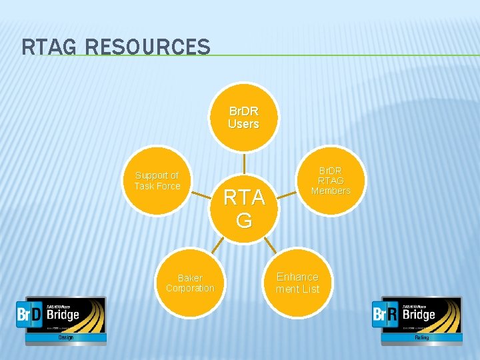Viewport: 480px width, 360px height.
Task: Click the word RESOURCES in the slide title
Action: pos(147,47)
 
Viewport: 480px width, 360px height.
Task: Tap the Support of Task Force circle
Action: pos(157,181)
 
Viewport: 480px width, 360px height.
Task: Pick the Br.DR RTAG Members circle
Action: pos(331,180)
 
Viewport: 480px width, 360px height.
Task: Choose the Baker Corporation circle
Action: pos(190,283)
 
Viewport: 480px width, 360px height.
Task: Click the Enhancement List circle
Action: pos(297,283)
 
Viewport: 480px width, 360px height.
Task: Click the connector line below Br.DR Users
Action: pos(244,164)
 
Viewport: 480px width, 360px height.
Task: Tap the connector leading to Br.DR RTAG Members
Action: pos(287,195)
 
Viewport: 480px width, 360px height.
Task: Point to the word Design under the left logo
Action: pos(65,337)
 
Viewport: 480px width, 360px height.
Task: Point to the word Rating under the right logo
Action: pos(421,337)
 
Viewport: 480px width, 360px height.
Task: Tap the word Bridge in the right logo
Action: pos(419,315)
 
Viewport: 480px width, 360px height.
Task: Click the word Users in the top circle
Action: pos(243,124)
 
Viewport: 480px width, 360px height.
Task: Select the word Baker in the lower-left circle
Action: pos(190,277)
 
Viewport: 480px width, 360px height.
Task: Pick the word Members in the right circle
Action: pos(331,191)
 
